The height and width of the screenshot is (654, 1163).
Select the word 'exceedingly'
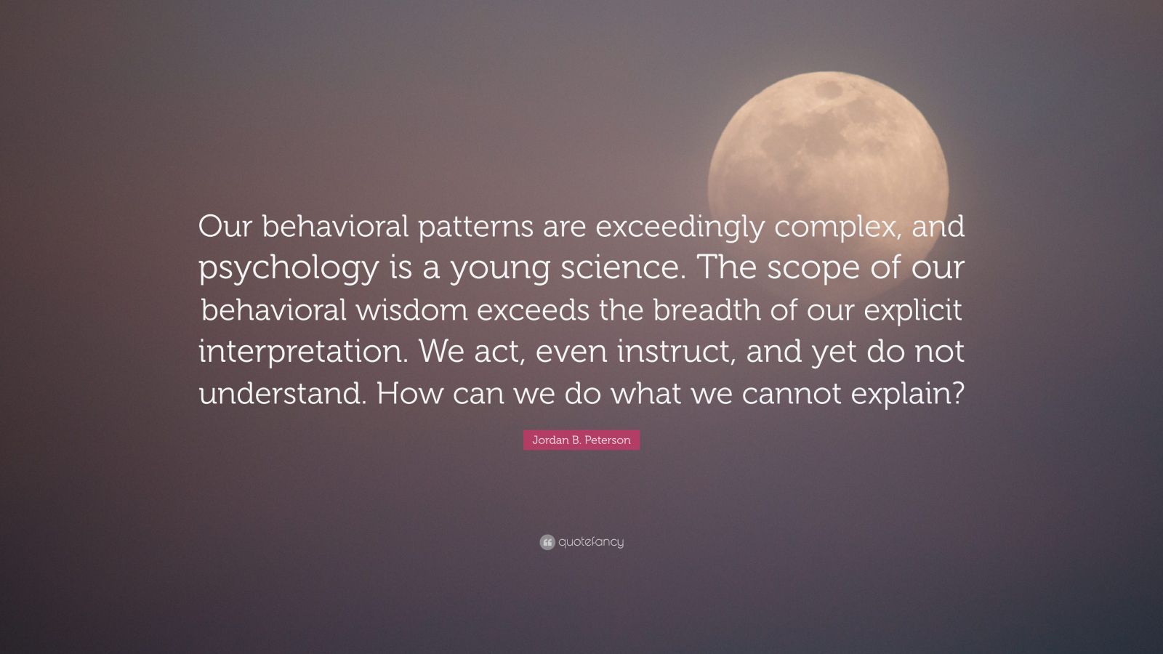click(680, 227)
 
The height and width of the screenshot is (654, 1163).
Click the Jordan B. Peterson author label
click(581, 440)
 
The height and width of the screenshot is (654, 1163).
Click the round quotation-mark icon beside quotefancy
click(547, 542)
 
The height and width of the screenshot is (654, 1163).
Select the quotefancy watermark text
click(591, 542)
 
